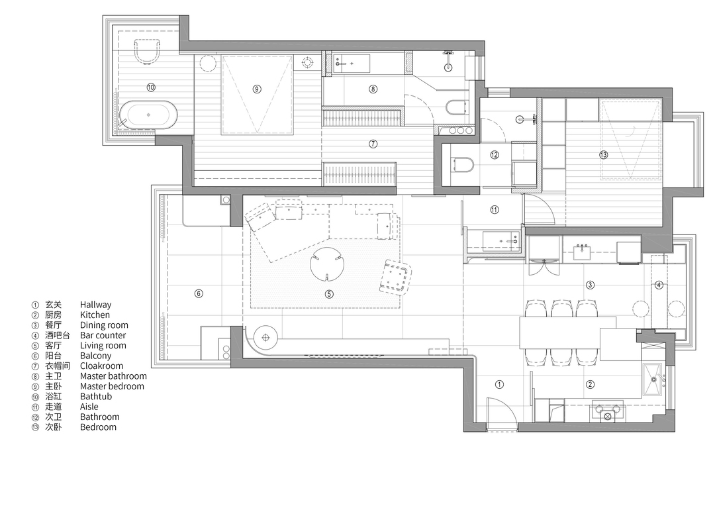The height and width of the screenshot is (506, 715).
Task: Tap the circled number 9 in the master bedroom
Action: click(x=257, y=89)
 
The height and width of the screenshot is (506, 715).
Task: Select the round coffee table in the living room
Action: click(x=327, y=265)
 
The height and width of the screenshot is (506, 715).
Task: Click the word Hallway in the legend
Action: click(x=96, y=305)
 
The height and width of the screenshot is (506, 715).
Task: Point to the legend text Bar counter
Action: click(x=103, y=335)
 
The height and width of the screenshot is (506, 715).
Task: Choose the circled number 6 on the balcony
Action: click(x=199, y=293)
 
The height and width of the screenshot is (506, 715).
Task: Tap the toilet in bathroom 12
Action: click(x=462, y=164)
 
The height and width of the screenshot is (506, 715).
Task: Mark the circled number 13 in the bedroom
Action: click(x=603, y=155)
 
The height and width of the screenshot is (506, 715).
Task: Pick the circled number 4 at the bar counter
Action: click(x=659, y=285)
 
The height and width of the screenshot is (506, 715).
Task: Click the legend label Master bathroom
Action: click(x=114, y=376)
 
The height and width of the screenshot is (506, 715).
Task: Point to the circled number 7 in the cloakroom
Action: click(x=373, y=144)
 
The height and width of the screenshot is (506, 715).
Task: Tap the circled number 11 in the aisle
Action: click(x=495, y=210)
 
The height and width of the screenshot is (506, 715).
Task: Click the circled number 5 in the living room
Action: click(x=329, y=294)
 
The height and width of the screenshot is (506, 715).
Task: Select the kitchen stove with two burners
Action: click(x=607, y=411)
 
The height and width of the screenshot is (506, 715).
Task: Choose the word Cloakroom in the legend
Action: click(x=102, y=366)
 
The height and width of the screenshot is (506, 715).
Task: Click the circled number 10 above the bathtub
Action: click(x=151, y=87)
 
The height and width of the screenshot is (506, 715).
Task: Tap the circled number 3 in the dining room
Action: click(x=590, y=285)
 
